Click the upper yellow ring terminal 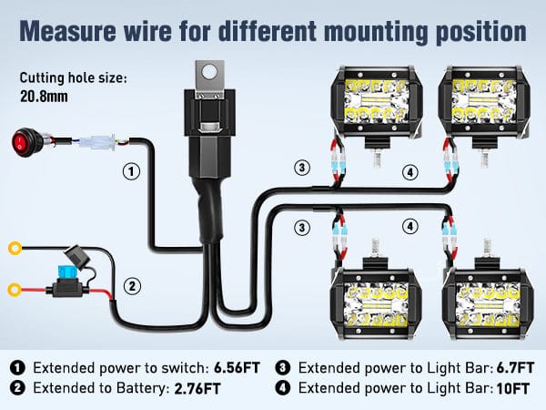pos(15,246)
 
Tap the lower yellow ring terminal pos(15,291)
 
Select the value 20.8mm pos(42,93)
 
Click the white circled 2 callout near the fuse pos(133,286)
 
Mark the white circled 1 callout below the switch pos(132,170)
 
